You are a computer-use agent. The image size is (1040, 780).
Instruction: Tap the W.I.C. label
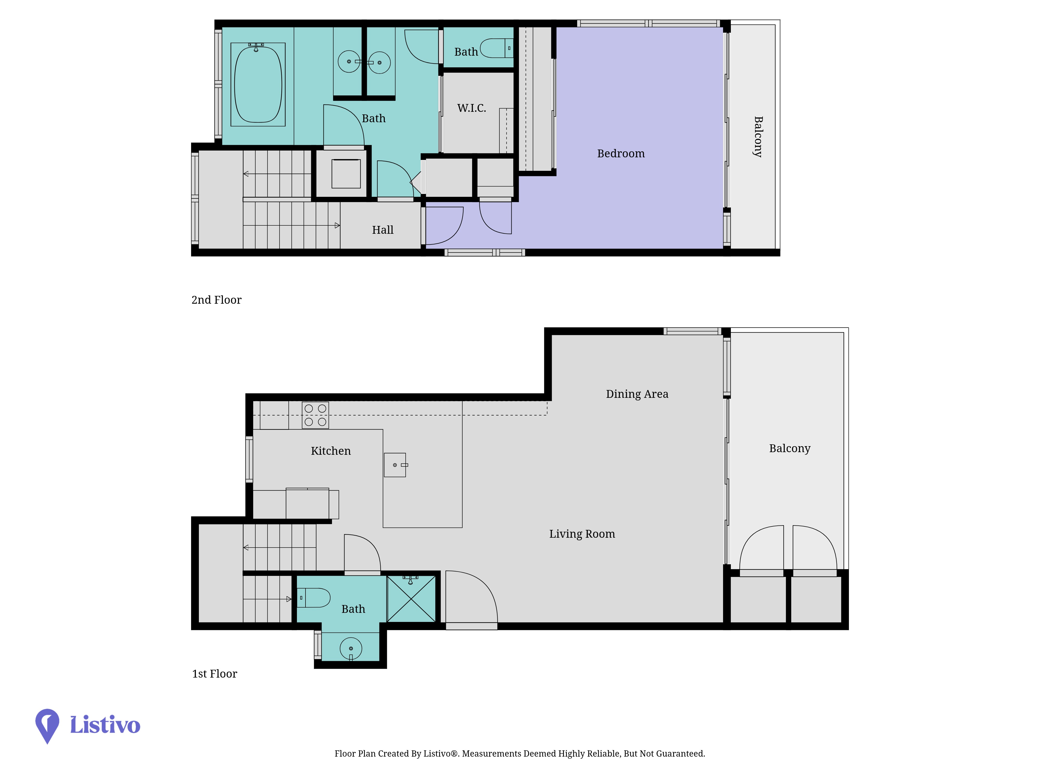[x=472, y=108]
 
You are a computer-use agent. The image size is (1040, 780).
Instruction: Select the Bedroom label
[x=621, y=153]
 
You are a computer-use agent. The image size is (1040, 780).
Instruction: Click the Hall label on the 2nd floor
[x=383, y=230]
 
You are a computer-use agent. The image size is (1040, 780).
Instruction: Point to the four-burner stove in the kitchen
[x=315, y=415]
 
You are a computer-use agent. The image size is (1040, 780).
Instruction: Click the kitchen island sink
[x=395, y=465]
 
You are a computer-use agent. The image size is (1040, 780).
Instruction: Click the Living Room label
[x=582, y=534]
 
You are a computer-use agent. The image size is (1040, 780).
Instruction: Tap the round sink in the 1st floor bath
[x=351, y=649]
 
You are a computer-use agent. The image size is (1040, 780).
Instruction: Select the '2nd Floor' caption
[x=216, y=300]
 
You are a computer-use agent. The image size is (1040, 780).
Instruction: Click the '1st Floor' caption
[x=214, y=674]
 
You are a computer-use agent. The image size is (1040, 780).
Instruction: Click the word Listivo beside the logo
[x=105, y=725]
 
